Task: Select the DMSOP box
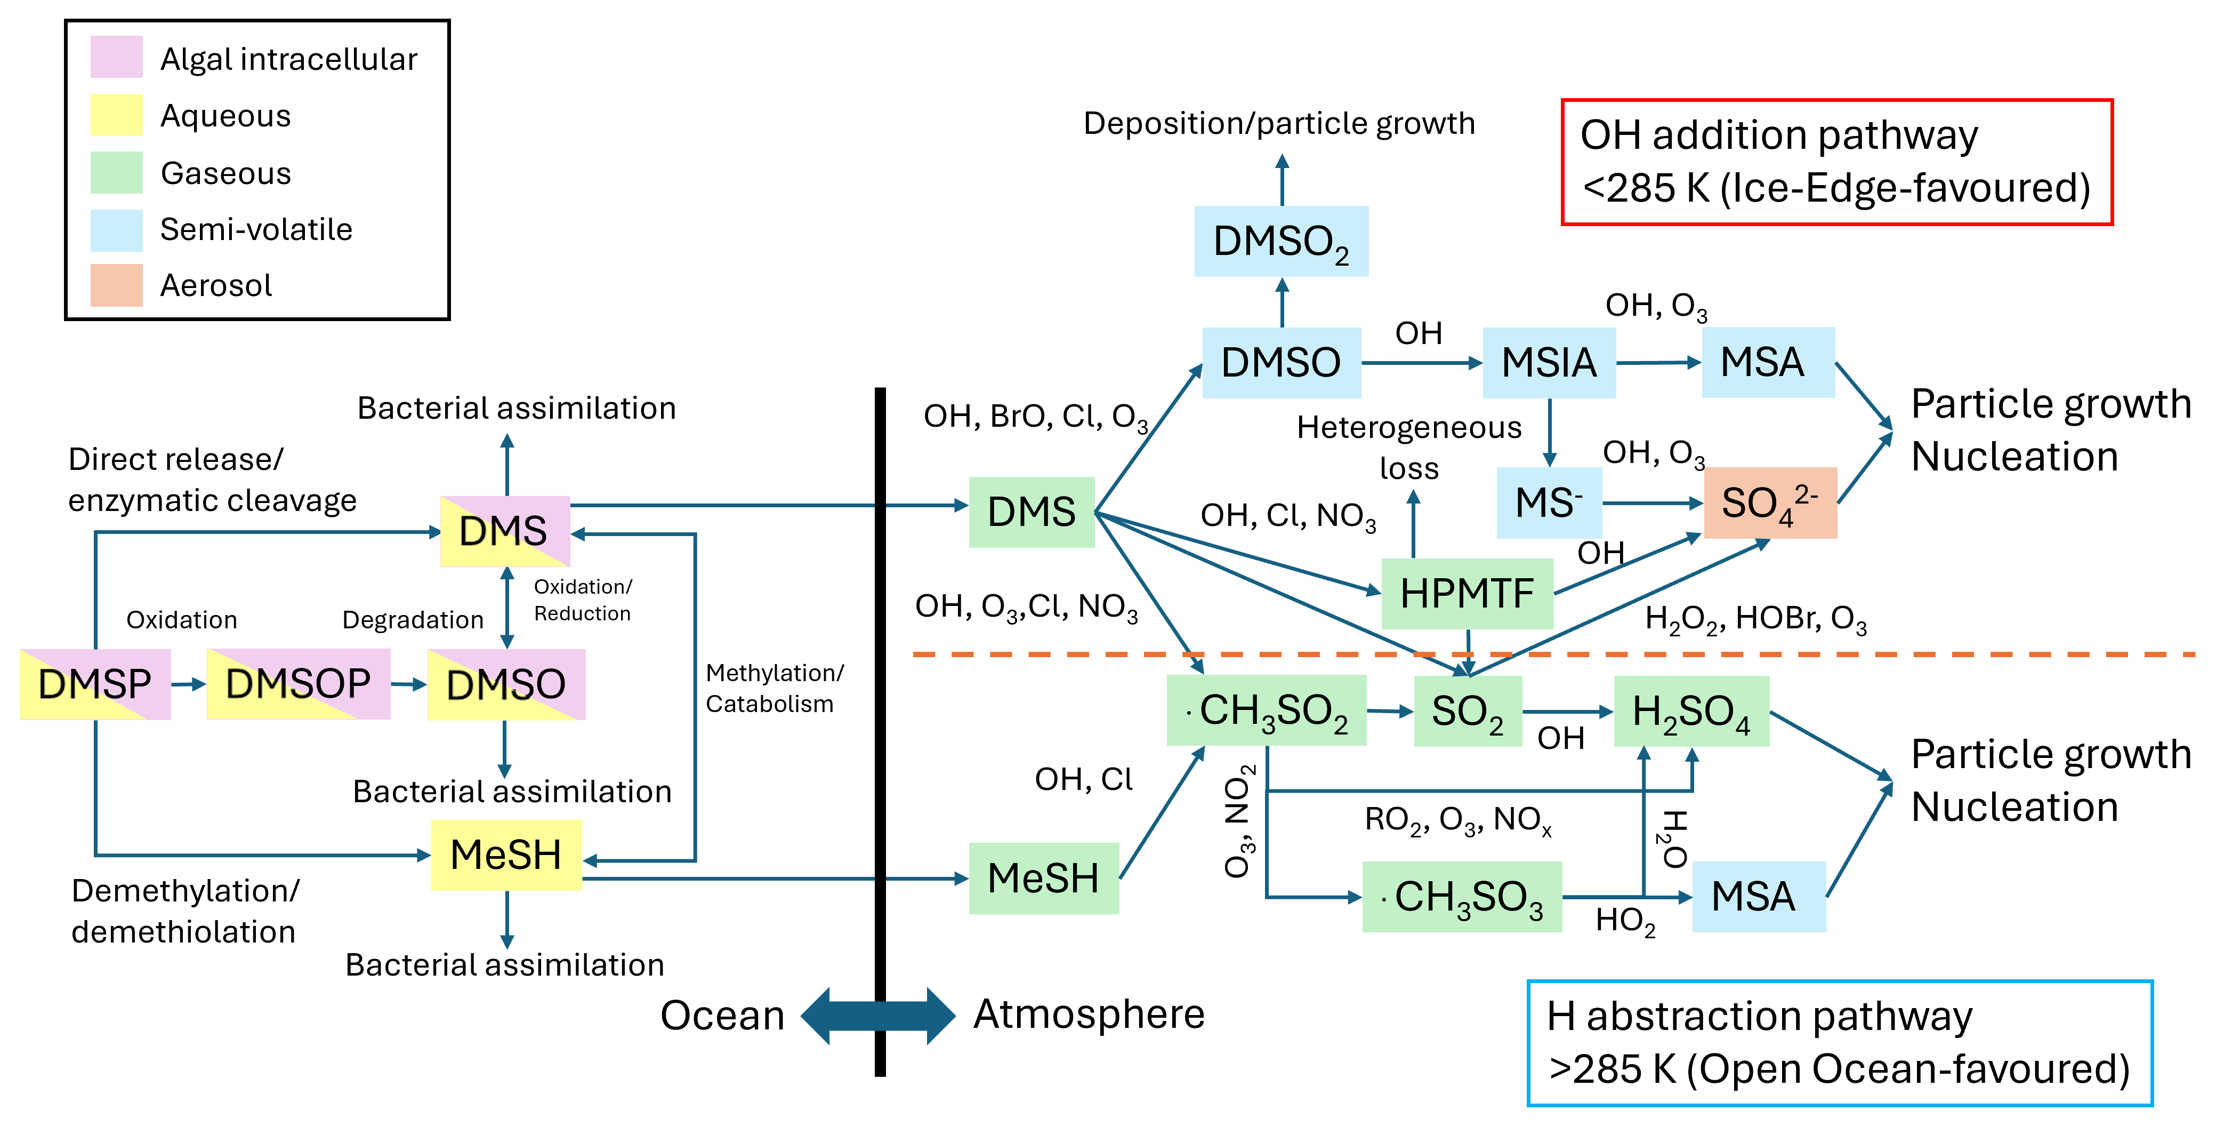tap(298, 684)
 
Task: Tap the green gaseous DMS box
tap(1031, 512)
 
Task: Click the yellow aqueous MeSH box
tap(506, 855)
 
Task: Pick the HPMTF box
tap(1467, 594)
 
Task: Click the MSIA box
tap(1549, 362)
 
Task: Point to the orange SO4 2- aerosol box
tap(1770, 503)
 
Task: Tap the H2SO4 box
tap(1691, 711)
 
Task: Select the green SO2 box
tap(1468, 711)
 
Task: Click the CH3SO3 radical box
tap(1462, 896)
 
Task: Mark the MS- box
tap(1549, 503)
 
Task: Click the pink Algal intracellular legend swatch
tap(116, 57)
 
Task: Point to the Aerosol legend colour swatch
tap(116, 285)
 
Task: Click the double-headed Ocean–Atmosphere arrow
tap(878, 1015)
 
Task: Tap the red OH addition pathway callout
tap(1837, 162)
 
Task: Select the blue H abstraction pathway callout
tap(1840, 1043)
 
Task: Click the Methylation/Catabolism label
tap(773, 688)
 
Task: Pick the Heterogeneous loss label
tap(1409, 448)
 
